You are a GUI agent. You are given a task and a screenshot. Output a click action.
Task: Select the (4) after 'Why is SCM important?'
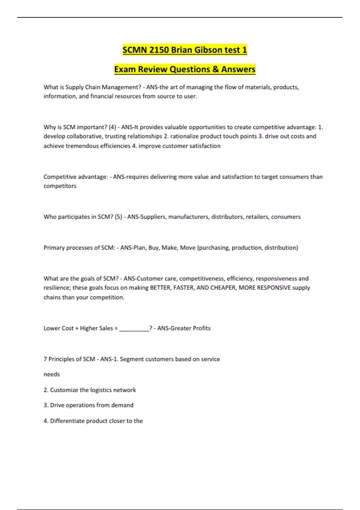(112, 127)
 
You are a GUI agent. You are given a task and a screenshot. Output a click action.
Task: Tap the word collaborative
(84, 136)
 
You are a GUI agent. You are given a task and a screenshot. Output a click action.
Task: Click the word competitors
(60, 186)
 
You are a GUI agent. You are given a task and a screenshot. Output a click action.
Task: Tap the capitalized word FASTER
(184, 288)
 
